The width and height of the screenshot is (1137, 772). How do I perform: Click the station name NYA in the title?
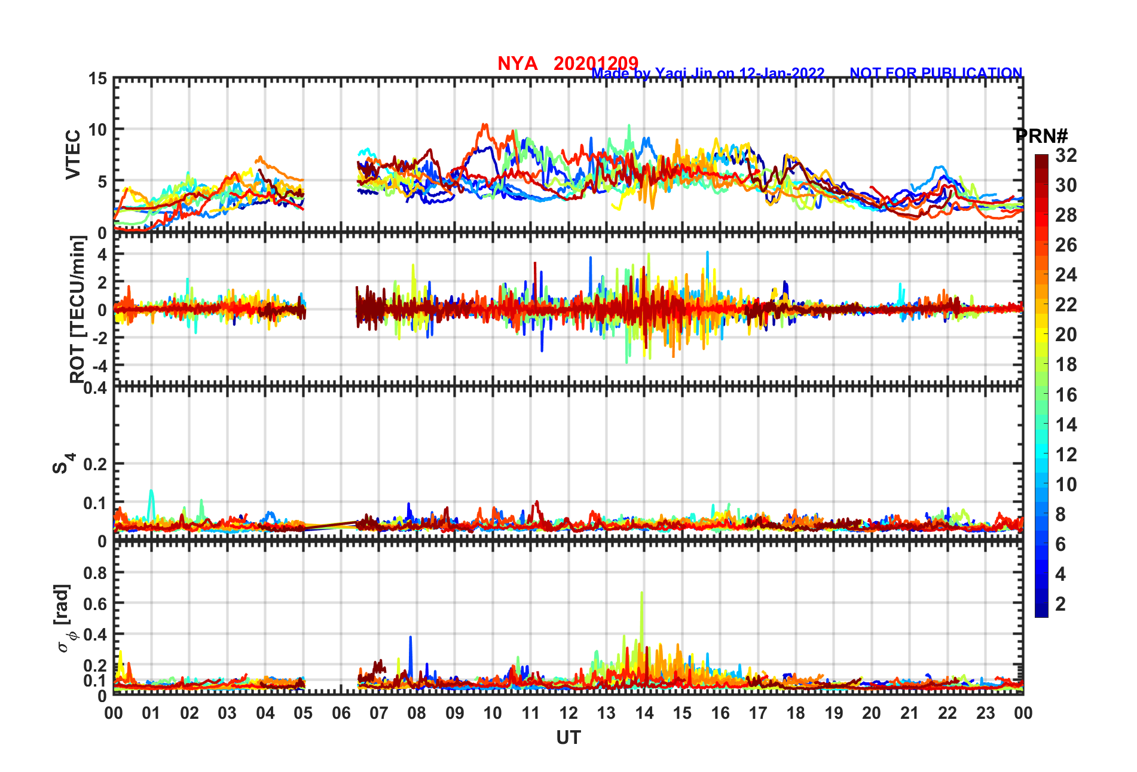point(517,63)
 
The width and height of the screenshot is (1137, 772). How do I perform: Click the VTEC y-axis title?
point(73,154)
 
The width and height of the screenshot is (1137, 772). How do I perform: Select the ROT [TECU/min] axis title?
point(78,310)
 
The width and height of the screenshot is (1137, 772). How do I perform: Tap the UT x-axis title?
point(568,739)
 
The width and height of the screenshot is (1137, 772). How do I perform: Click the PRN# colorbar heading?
point(1041,136)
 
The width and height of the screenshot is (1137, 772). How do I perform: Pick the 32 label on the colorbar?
point(1066,155)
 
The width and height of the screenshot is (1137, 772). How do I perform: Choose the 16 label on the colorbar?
point(1066,395)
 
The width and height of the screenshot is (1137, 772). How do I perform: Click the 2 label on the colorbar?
point(1060,604)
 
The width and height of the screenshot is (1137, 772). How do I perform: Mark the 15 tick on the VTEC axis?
point(98,79)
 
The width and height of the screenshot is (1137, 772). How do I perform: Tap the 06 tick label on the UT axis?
point(341,713)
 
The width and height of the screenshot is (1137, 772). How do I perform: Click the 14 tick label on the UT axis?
point(644,713)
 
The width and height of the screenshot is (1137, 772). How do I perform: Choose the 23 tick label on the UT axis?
point(985,713)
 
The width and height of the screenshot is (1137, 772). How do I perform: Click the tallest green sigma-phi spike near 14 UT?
point(641,593)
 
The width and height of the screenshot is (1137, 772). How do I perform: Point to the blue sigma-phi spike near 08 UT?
point(411,638)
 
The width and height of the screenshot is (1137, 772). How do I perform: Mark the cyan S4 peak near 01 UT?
point(151,491)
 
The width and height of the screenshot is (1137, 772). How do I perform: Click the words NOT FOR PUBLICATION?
point(936,73)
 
